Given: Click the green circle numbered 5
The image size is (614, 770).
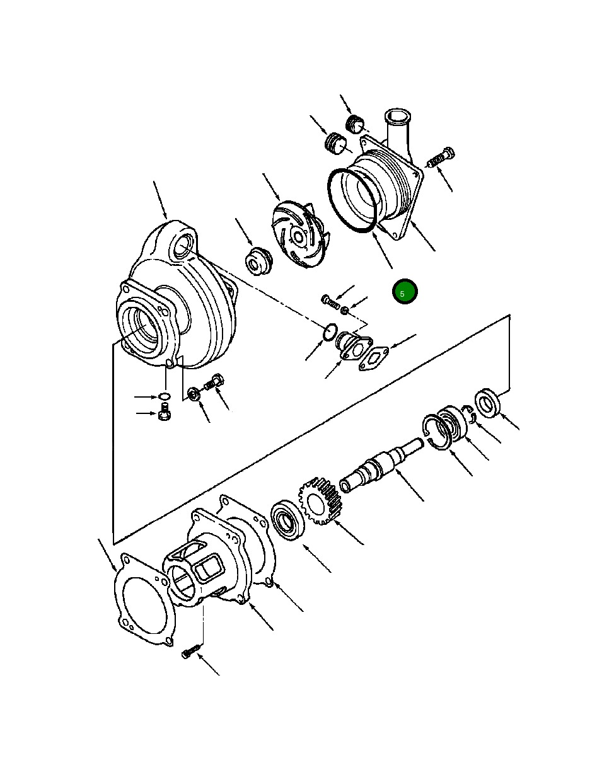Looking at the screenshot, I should point(405,292).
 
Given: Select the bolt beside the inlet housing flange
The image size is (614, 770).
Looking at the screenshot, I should point(441,157).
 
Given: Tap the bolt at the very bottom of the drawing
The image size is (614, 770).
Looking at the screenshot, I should point(191,652).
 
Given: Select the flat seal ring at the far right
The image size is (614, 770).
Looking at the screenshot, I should point(487,403).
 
